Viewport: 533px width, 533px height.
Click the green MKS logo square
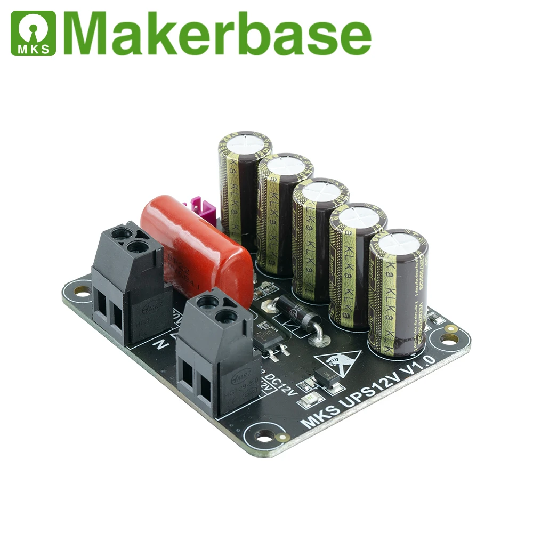(x=33, y=33)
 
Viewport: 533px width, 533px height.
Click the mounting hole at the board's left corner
(x=81, y=291)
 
